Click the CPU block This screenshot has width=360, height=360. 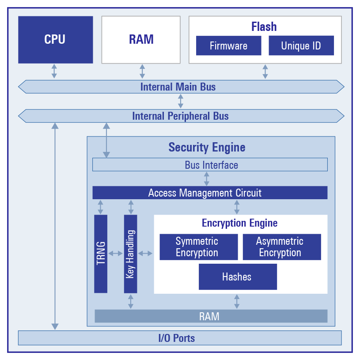coord(55,39)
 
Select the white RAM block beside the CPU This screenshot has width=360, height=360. coord(141,39)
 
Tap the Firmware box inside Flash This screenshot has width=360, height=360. coord(228,45)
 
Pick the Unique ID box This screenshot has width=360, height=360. coord(301,45)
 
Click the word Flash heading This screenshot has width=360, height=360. coord(264,27)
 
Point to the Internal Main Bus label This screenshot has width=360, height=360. coord(178,87)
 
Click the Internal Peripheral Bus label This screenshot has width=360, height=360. coord(180,116)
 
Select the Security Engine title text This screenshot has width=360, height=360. coord(207,147)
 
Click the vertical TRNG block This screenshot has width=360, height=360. coord(101,254)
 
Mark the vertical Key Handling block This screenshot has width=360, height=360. coord(130,254)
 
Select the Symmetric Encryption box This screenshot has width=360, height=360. coord(197,247)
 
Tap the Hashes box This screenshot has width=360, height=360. coord(237,277)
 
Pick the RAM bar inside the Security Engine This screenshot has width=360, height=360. coord(210,316)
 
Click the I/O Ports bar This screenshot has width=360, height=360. coord(179,338)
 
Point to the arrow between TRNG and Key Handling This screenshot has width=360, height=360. coord(115,254)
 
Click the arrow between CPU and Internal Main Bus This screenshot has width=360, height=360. coord(54,71)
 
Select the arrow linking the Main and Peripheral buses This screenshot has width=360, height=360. coord(180,101)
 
